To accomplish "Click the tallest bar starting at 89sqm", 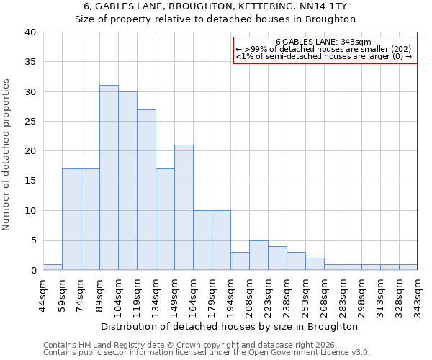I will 109,178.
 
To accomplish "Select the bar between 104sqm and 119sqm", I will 127,181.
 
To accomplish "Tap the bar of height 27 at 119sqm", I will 146,190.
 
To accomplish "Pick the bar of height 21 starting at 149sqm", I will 184,207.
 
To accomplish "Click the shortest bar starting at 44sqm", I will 53,267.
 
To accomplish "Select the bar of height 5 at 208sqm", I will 258,256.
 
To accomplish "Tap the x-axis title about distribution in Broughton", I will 230,326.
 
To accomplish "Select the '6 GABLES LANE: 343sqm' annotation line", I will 323,42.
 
